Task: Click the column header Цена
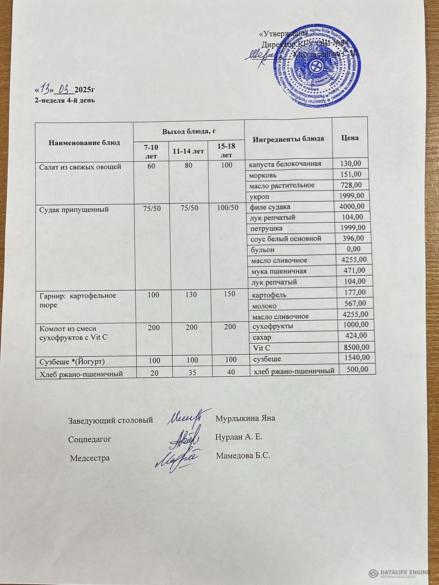point(350,137)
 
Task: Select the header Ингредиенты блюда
point(289,139)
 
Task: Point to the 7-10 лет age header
point(151,151)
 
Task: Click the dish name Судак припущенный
point(74,210)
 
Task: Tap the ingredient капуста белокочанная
point(285,163)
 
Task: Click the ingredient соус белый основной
point(286,239)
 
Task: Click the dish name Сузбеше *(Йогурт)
point(72,361)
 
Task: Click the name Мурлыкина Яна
point(245,418)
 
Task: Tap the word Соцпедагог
point(90,439)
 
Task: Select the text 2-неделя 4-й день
point(65,100)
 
